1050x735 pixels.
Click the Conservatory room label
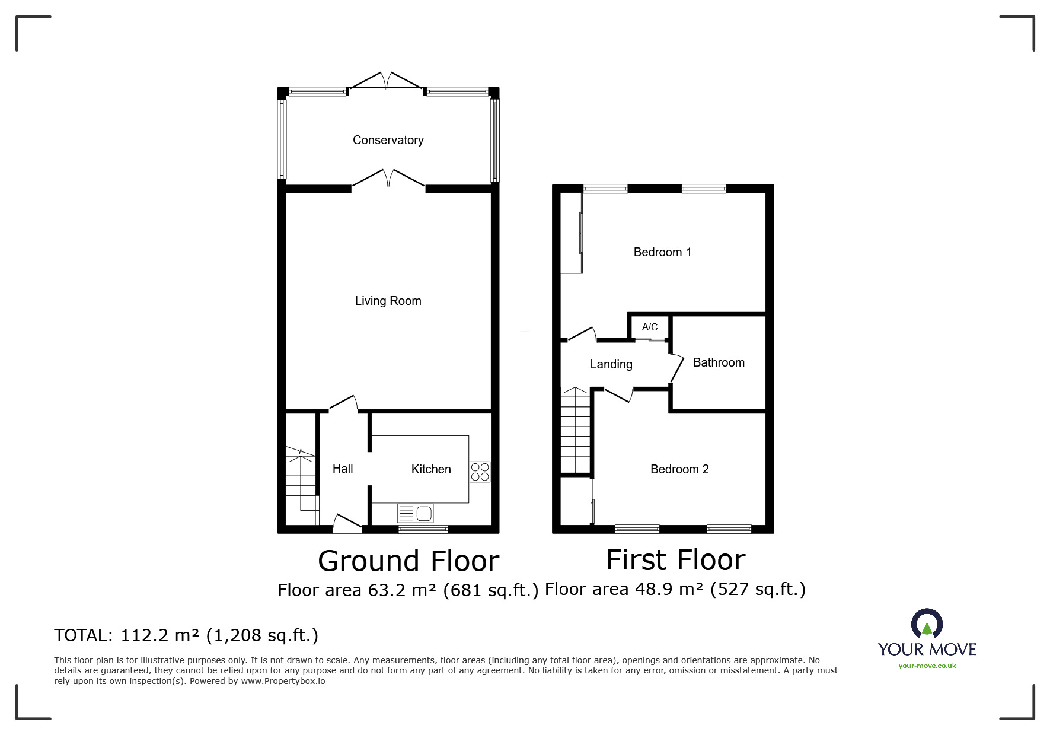click(x=388, y=140)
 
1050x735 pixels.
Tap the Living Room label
click(x=388, y=301)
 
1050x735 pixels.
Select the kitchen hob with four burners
click(x=480, y=472)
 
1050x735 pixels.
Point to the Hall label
click(x=343, y=469)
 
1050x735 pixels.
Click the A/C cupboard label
click(x=650, y=327)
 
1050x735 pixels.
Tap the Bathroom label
click(x=719, y=362)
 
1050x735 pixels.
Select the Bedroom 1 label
click(x=662, y=252)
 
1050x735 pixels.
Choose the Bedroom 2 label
click(x=679, y=469)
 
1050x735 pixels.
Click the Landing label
click(x=611, y=364)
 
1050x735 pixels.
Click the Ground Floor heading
click(x=408, y=561)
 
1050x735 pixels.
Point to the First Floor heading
click(x=676, y=559)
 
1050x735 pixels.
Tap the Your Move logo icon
click(x=927, y=625)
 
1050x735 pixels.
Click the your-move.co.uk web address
click(x=927, y=666)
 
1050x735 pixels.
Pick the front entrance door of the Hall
click(x=347, y=521)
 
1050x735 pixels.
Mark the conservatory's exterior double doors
click(x=387, y=81)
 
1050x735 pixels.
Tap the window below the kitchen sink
click(x=423, y=529)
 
